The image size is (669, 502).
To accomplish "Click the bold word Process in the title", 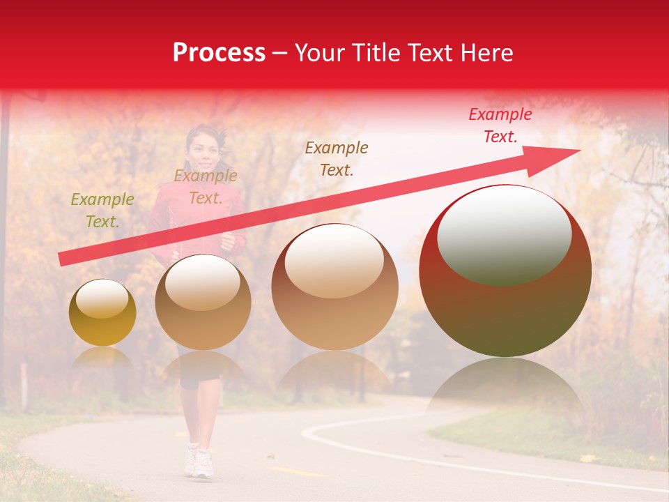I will (x=219, y=53).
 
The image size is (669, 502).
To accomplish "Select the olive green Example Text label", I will (x=102, y=211).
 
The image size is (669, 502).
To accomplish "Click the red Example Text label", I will (x=500, y=125).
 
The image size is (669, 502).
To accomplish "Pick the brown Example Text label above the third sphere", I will (x=337, y=158).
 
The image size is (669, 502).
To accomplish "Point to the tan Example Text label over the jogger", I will (x=206, y=187).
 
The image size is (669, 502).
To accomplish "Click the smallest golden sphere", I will (x=102, y=312).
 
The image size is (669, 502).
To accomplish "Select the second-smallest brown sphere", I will (x=203, y=302).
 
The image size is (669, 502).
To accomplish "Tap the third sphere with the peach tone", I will (x=334, y=287).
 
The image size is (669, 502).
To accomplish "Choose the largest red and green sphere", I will (x=505, y=271).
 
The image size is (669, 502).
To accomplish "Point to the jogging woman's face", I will (x=200, y=144).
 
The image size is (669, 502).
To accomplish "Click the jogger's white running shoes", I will (x=198, y=462).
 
